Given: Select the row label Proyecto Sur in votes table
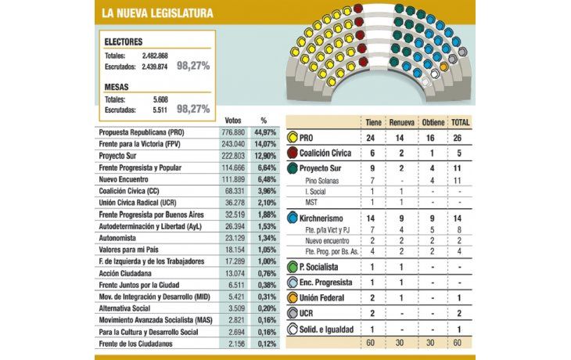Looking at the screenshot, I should coord(125,157).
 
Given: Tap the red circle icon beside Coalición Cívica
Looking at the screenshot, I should coord(292,153).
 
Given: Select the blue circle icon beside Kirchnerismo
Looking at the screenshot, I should coord(292,215).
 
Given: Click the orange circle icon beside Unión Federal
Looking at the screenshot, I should coord(292,298).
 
